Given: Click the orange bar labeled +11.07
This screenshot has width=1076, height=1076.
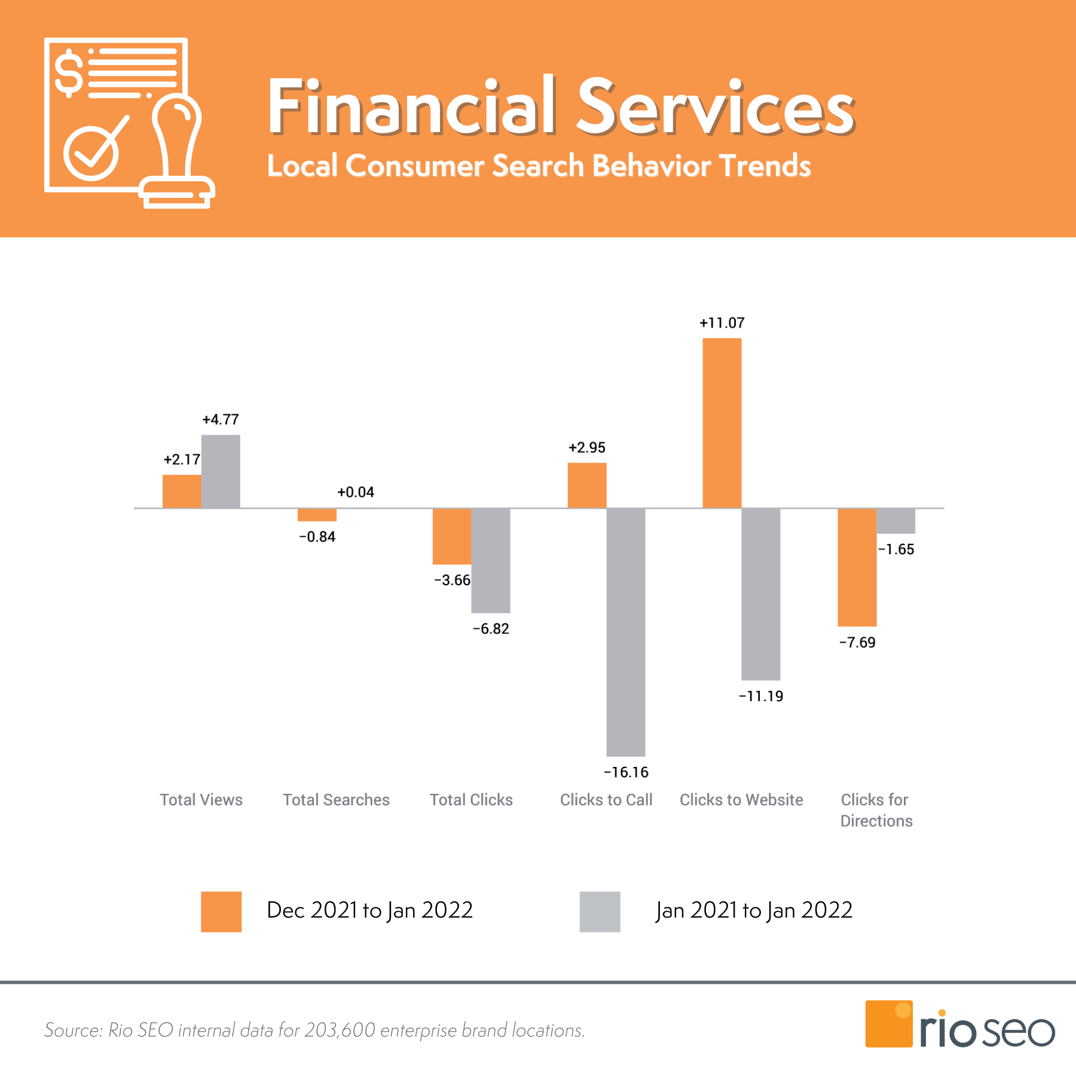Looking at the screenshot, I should tap(722, 423).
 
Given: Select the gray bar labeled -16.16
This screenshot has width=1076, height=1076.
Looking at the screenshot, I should tap(625, 632).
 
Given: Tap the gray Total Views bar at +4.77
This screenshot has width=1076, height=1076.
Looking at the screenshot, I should tap(221, 472).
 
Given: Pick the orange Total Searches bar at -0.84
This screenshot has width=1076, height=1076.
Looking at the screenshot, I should tap(317, 515).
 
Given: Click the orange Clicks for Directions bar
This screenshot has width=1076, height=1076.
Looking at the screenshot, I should tap(857, 567).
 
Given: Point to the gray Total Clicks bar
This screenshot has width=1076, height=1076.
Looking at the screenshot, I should tap(490, 560).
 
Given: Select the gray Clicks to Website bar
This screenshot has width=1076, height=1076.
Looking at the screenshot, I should tap(760, 594).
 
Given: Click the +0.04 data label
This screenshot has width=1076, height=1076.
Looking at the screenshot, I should tap(356, 492).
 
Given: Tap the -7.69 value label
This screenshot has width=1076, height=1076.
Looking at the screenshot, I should tap(857, 643).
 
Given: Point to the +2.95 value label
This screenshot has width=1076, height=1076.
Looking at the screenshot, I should tap(586, 448).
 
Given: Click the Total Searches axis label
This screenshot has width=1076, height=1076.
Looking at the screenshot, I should tap(336, 800).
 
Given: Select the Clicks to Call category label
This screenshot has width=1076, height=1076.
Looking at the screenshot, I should tap(606, 800).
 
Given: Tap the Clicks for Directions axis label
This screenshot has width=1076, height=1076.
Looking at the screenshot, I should tap(876, 810).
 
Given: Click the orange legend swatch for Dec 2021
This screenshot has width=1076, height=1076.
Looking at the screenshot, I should tap(221, 912).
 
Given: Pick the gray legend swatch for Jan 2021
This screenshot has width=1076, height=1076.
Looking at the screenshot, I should tap(600, 912).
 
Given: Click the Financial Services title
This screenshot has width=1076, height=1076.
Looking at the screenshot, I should tap(561, 108).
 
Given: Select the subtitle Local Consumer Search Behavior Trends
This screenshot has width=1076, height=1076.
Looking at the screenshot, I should tap(539, 166).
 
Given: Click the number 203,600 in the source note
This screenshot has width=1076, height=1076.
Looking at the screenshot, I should tap(340, 1030).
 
